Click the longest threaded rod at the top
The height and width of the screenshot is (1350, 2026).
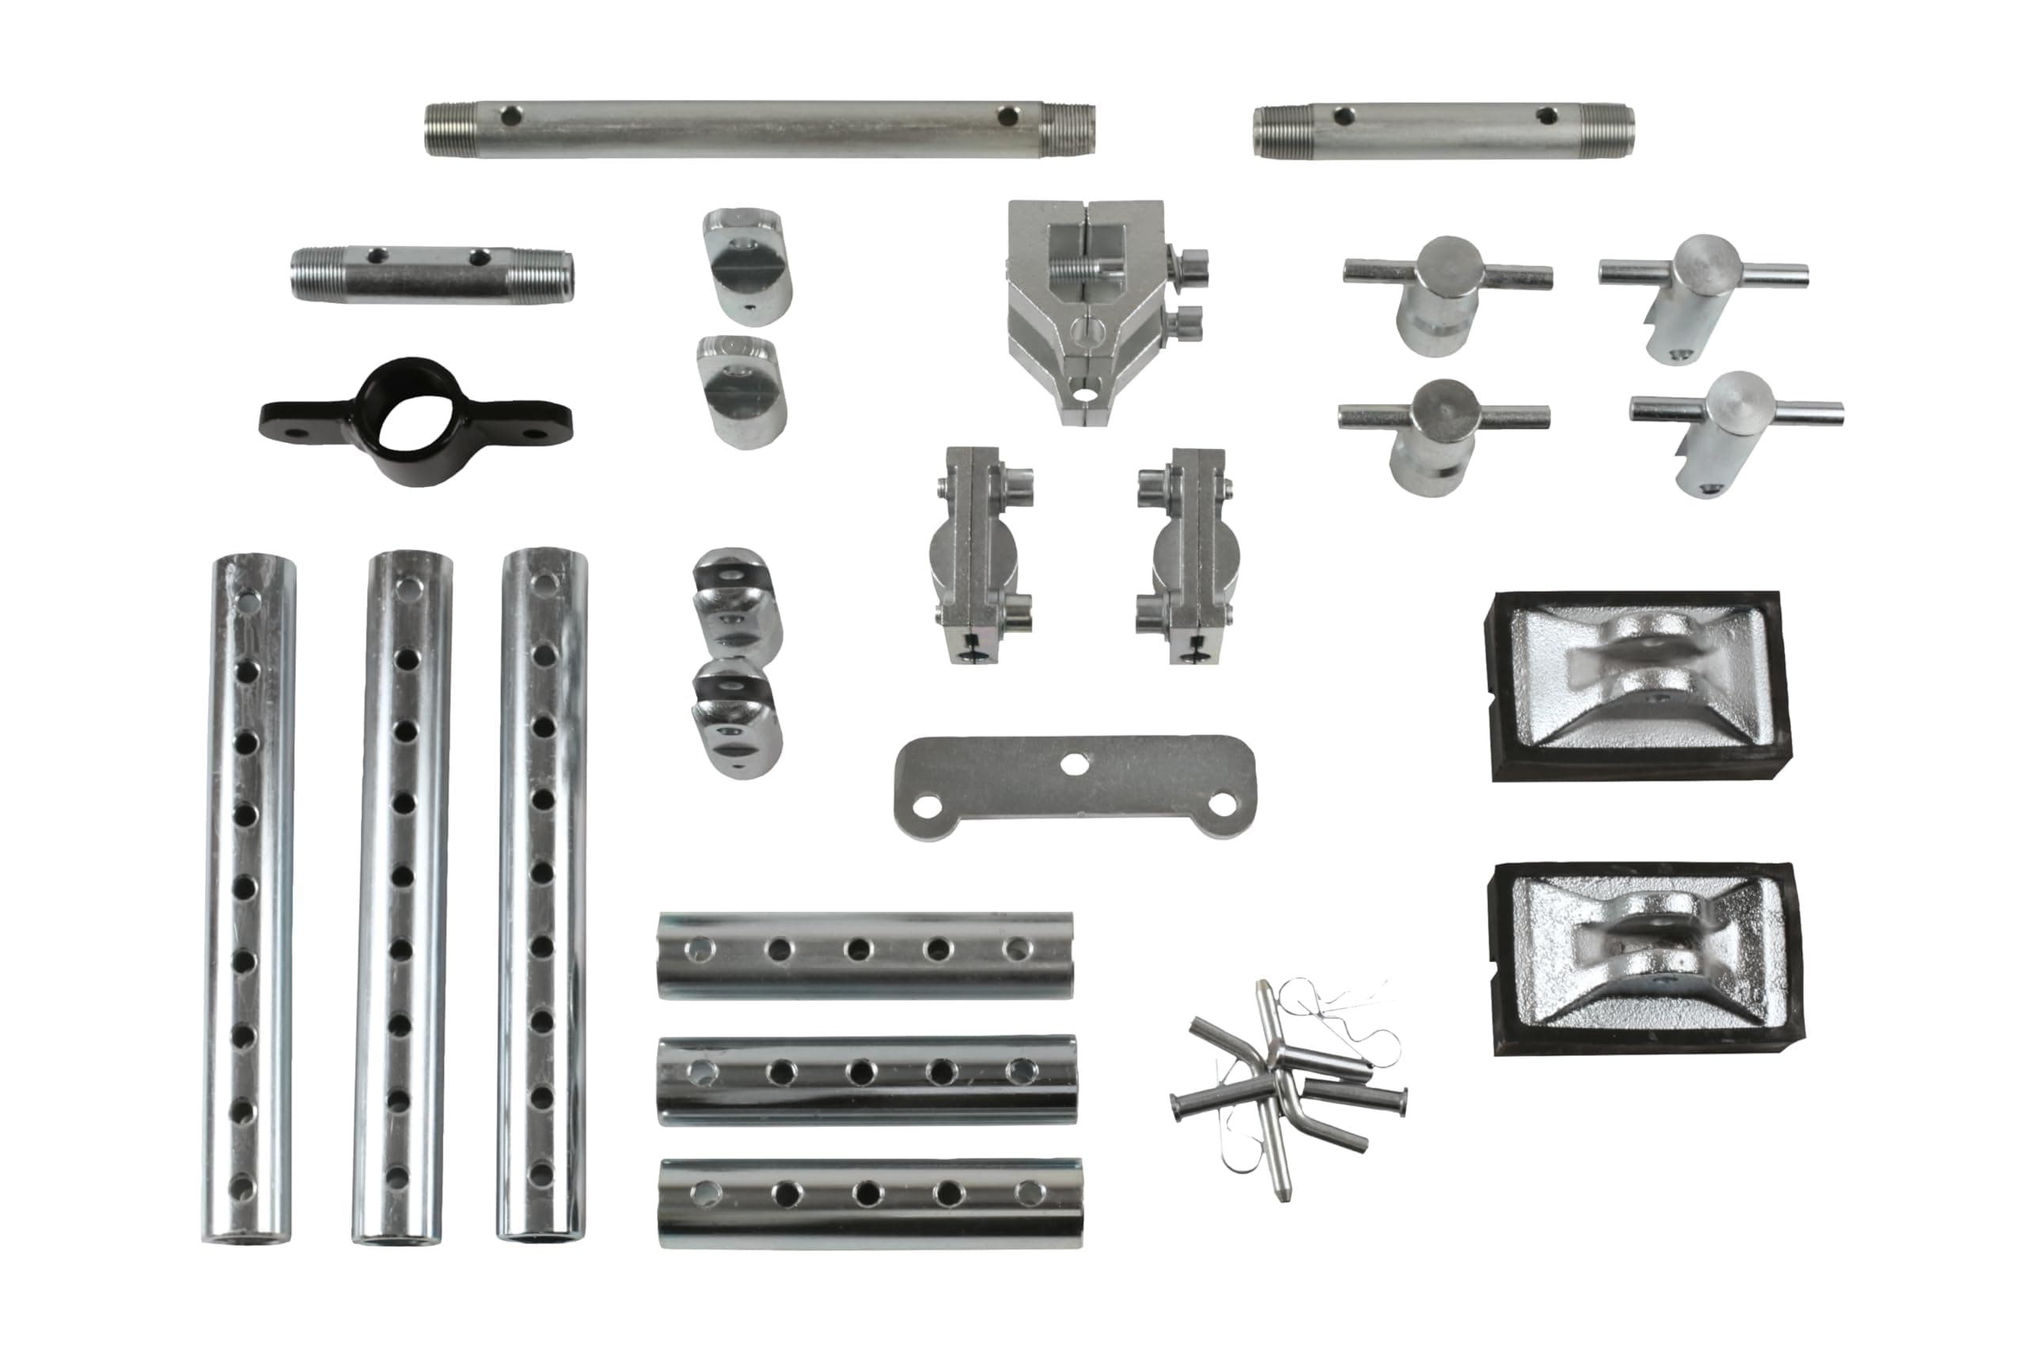pyautogui.click(x=758, y=130)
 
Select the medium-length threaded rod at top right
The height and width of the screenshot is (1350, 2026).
pyautogui.click(x=1443, y=132)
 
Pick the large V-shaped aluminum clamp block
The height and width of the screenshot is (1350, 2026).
pyautogui.click(x=1090, y=310)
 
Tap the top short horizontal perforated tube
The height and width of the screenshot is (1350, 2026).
pyautogui.click(x=865, y=955)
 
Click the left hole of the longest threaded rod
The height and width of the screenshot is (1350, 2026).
pyautogui.click(x=512, y=115)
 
